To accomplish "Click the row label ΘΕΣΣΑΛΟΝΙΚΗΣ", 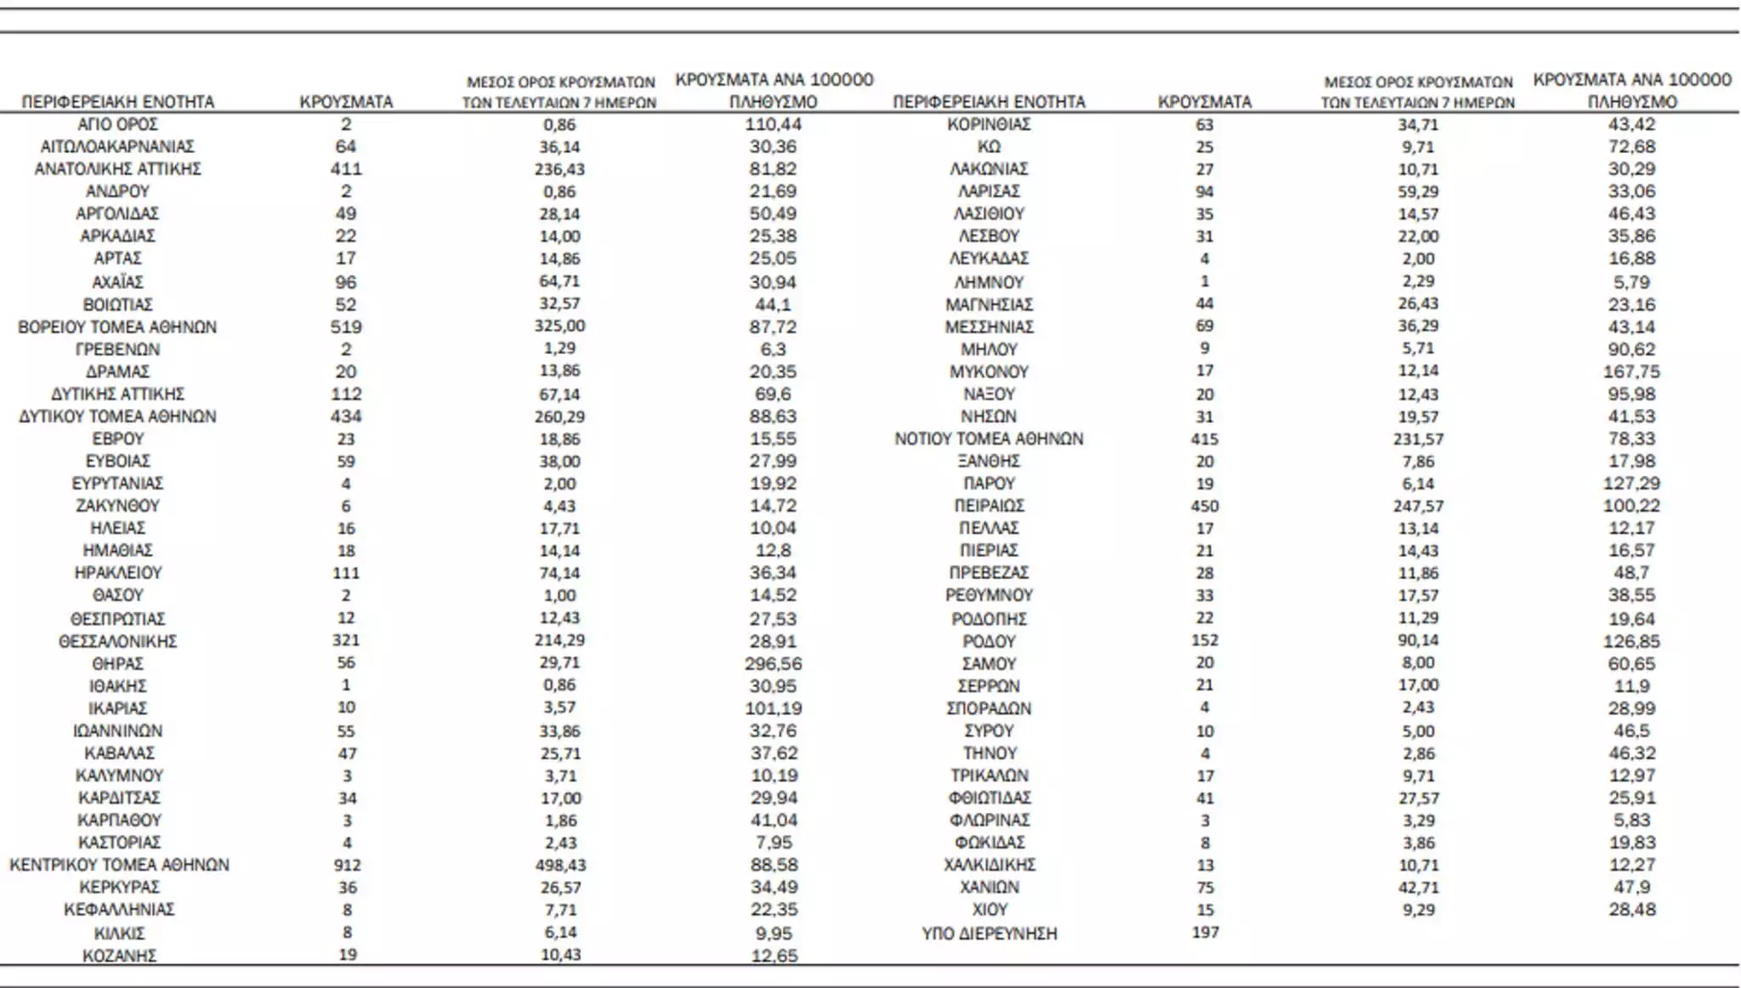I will [x=117, y=641].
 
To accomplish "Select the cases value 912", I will [x=347, y=865].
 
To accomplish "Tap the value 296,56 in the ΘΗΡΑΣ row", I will [x=774, y=663].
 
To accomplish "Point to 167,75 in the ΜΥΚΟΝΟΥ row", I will [x=1631, y=372].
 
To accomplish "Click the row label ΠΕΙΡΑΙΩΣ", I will [x=989, y=505].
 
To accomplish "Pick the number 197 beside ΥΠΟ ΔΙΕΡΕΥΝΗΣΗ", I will [x=1205, y=932].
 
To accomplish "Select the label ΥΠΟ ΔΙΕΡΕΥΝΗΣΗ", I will [x=989, y=933].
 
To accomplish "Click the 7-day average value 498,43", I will [x=560, y=865].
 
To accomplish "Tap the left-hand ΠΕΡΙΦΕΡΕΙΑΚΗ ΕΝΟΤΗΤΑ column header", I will [x=118, y=102].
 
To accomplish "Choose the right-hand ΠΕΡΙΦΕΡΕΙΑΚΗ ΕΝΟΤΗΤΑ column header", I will [x=989, y=102].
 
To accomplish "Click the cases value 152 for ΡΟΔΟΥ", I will [x=1205, y=640].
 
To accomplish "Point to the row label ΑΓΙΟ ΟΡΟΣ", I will [x=117, y=124].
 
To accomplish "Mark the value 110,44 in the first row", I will [x=774, y=124].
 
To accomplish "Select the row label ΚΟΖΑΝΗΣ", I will [x=119, y=955].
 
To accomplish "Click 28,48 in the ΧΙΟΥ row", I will [x=1631, y=909].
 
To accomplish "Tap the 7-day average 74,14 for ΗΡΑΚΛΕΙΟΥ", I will [x=559, y=572].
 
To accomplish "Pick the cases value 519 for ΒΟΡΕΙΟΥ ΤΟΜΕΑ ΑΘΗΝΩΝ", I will [x=346, y=326].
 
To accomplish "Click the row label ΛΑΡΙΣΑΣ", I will [x=989, y=191].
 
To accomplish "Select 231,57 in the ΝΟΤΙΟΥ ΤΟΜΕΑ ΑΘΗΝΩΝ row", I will [x=1418, y=439].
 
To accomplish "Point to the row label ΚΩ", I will [x=989, y=146].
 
